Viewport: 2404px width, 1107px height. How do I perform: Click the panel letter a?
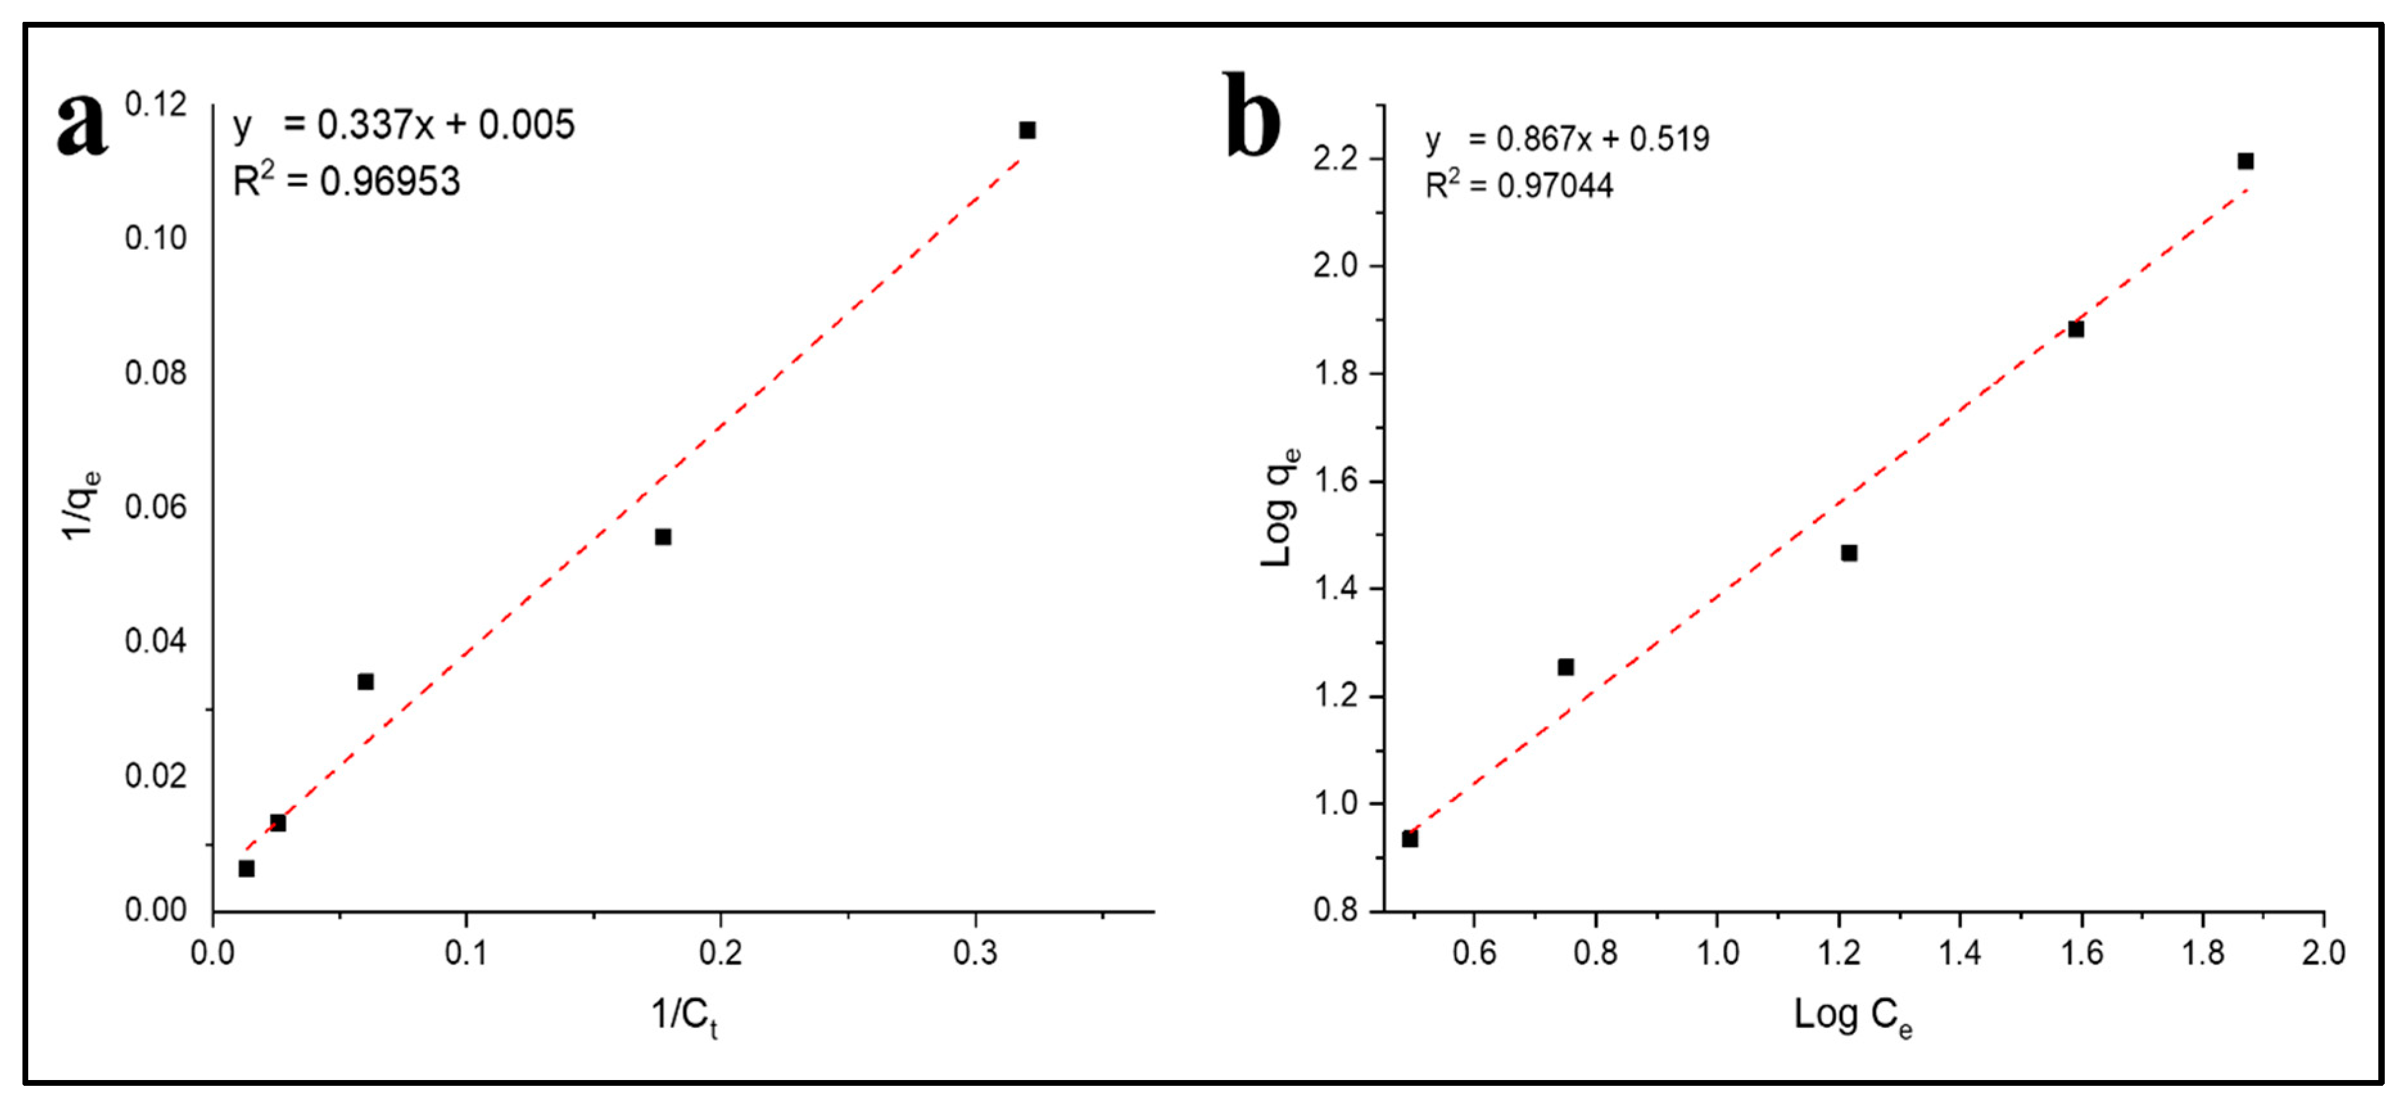pyautogui.click(x=82, y=125)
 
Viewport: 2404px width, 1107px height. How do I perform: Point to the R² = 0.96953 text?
pyautogui.click(x=347, y=180)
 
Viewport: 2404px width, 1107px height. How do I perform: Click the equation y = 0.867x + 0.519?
pyautogui.click(x=1567, y=139)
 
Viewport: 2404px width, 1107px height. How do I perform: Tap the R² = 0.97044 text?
pyautogui.click(x=1518, y=185)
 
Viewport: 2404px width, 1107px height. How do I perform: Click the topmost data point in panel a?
pyautogui.click(x=1027, y=130)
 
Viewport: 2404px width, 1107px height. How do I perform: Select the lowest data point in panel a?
pyautogui.click(x=246, y=868)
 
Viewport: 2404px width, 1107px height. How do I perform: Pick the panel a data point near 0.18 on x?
pyautogui.click(x=662, y=537)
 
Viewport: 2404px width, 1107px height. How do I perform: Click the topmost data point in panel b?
pyautogui.click(x=2245, y=161)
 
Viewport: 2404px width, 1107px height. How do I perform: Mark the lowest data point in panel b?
pyautogui.click(x=1410, y=839)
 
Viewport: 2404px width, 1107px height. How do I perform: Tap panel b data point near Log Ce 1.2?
pyautogui.click(x=1849, y=553)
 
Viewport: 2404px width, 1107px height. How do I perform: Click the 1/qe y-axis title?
pyautogui.click(x=80, y=505)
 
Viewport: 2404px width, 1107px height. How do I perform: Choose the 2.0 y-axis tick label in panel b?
pyautogui.click(x=1335, y=266)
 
